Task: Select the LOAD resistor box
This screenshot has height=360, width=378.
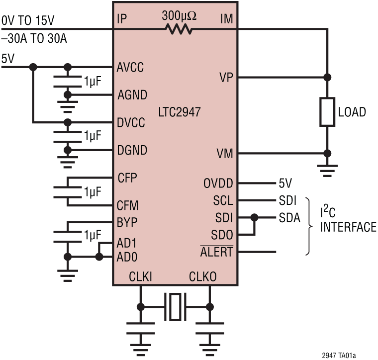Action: click(x=327, y=112)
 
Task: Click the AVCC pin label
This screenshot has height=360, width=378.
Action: click(x=131, y=67)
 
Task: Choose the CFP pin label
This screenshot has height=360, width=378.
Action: click(x=127, y=178)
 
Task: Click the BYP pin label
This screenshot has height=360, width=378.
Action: click(x=127, y=222)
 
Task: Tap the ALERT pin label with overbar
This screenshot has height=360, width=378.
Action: click(x=216, y=252)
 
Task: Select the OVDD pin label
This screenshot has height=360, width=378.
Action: click(x=218, y=183)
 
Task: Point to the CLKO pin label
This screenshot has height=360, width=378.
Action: click(x=202, y=276)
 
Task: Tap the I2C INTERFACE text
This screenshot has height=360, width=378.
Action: click(x=348, y=221)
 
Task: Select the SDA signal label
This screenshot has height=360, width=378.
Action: click(x=289, y=218)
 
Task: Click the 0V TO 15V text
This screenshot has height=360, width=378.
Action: click(x=28, y=20)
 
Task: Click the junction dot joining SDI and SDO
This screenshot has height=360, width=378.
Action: click(x=255, y=218)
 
